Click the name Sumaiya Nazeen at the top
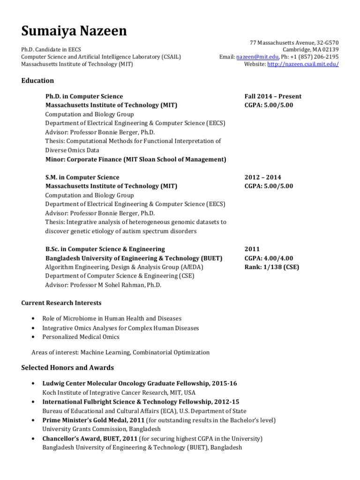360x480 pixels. point(74,31)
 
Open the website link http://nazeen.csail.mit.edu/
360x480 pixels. point(303,64)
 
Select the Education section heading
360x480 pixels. point(37,81)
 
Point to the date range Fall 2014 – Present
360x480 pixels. point(273,96)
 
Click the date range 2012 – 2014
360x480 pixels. point(262,177)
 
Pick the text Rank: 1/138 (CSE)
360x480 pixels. point(271,267)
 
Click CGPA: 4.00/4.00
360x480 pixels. point(269,258)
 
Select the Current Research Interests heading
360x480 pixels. point(61,303)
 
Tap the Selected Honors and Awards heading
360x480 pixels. point(67,367)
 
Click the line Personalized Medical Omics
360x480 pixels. point(81,337)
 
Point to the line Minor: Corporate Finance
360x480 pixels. point(135,159)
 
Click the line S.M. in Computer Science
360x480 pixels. point(82,177)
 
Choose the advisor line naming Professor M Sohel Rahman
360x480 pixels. point(103,285)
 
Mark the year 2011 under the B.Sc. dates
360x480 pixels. point(252,249)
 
